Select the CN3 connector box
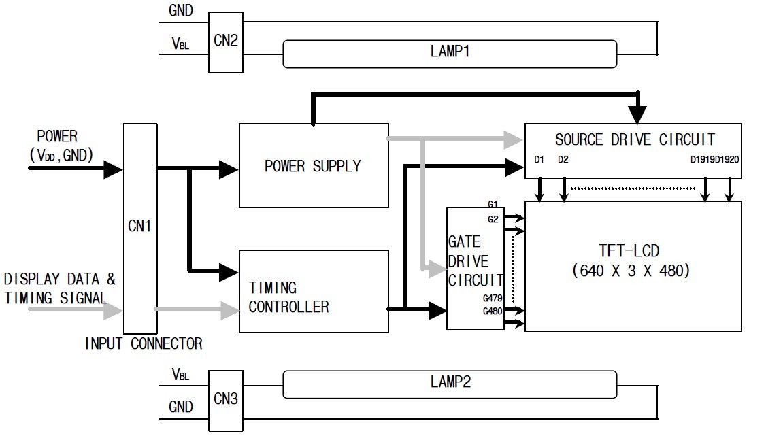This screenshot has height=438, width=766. click(224, 399)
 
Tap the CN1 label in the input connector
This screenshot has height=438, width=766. click(139, 226)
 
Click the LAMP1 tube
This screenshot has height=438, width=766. click(449, 52)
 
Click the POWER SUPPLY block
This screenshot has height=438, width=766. click(313, 165)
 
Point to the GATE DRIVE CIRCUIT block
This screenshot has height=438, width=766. click(475, 261)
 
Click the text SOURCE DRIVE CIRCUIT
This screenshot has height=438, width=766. click(634, 139)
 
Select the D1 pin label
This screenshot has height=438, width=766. click(539, 161)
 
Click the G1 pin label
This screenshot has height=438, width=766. click(493, 204)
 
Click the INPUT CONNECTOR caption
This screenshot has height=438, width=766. click(144, 343)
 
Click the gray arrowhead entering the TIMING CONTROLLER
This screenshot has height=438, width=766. click(231, 310)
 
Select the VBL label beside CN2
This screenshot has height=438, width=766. click(180, 44)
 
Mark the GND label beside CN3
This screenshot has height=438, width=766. click(181, 407)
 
